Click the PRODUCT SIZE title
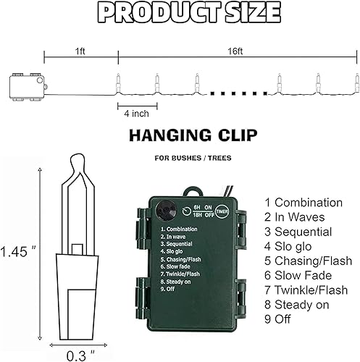[x=179, y=12]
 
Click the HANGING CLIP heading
[x=179, y=135]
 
